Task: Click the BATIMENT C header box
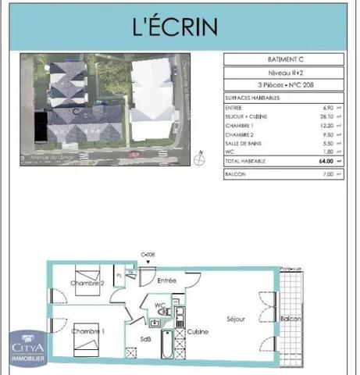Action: click(x=283, y=59)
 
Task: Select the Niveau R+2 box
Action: click(x=283, y=72)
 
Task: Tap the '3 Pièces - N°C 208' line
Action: click(x=283, y=84)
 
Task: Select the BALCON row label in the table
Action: click(x=235, y=173)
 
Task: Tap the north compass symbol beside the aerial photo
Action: click(x=200, y=159)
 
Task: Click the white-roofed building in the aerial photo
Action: click(x=153, y=98)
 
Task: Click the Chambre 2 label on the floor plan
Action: click(x=87, y=283)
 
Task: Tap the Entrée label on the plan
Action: click(x=166, y=280)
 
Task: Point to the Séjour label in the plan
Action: click(x=236, y=319)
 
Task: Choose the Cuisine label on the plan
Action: click(x=197, y=332)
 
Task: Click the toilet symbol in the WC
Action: click(x=162, y=310)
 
